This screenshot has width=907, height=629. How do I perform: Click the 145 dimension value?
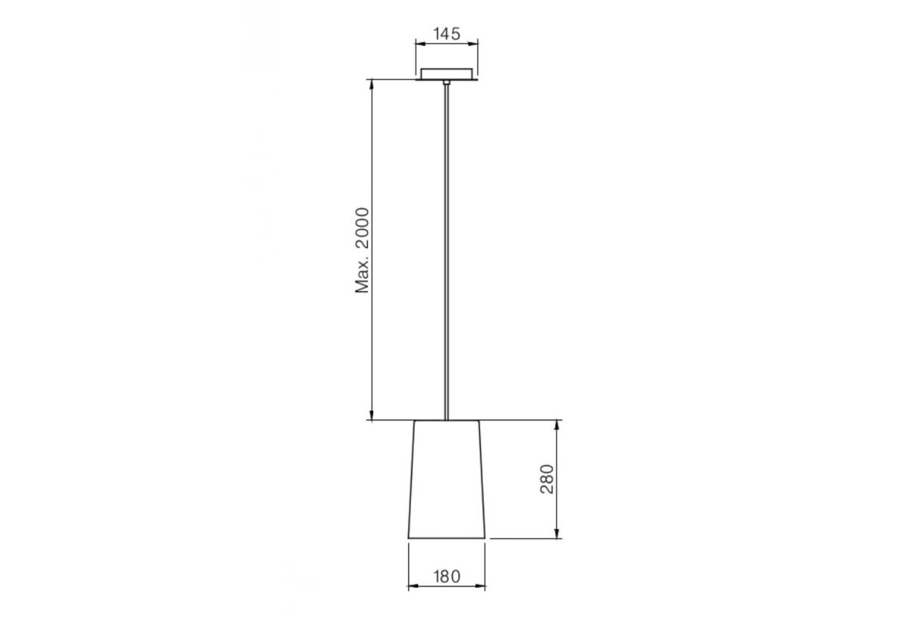[446, 33]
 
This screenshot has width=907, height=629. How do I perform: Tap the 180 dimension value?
[446, 575]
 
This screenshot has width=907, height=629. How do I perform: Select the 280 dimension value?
[547, 479]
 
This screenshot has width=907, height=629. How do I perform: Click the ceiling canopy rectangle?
[447, 73]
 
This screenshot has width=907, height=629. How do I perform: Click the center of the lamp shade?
[447, 479]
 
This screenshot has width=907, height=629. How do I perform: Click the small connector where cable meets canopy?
[447, 81]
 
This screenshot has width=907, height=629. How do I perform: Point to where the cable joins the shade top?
[447, 419]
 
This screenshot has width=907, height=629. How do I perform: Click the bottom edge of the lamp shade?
[447, 538]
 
